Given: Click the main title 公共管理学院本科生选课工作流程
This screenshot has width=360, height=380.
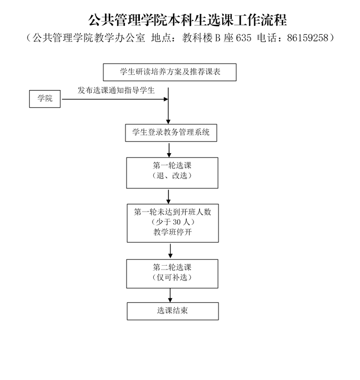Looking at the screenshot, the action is tap(187, 20).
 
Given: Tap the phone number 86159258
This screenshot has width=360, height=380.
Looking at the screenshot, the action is tap(307, 38).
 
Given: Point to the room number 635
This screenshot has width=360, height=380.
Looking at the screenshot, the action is tap(243, 38).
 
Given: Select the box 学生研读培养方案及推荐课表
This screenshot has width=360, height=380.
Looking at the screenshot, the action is tap(170, 72).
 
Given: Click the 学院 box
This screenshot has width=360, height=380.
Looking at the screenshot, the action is tap(45, 99).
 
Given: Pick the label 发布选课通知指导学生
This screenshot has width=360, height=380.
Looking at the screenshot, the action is tap(116, 91).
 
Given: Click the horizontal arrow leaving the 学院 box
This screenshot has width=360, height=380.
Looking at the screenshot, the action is tap(114, 99).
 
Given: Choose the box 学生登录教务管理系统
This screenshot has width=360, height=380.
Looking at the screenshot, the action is tap(171, 133).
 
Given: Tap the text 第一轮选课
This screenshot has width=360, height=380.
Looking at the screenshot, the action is tap(172, 166).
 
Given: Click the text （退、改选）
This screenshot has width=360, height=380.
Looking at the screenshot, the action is tap(172, 176).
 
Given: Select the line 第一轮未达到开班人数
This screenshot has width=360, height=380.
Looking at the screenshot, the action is tap(173, 212).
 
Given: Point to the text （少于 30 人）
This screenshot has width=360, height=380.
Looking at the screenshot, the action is tap(173, 221).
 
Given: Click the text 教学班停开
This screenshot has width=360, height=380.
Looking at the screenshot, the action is tap(173, 232).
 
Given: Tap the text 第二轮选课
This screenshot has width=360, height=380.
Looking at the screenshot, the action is tap(172, 267).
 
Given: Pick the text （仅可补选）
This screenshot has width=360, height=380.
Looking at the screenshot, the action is tap(172, 277).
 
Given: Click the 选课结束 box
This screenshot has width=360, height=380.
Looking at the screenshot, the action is tap(173, 311).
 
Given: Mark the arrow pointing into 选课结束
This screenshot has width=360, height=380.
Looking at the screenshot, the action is tap(170, 295).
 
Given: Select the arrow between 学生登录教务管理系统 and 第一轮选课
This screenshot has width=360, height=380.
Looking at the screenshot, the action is tap(169, 150).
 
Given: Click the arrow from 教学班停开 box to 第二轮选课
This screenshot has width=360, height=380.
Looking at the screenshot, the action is tap(170, 251).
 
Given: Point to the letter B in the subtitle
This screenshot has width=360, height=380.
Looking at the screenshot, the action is tap(218, 38).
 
